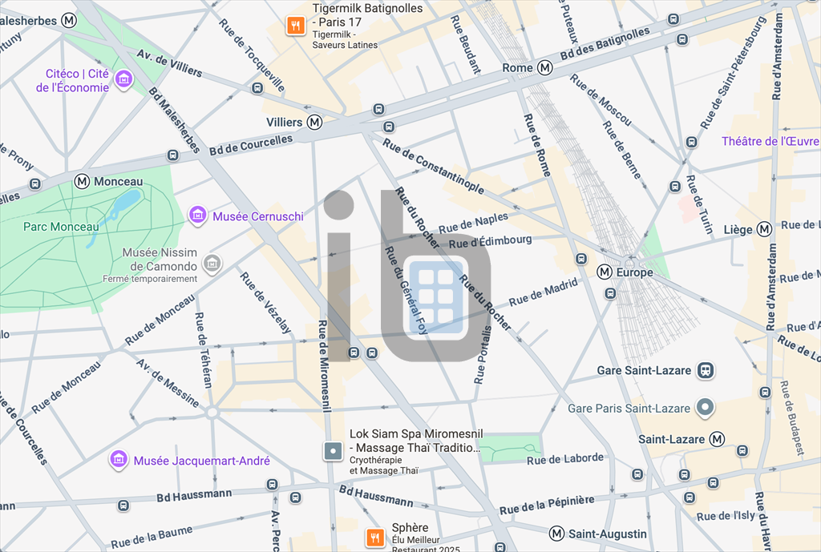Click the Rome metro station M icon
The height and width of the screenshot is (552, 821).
coord(545,68)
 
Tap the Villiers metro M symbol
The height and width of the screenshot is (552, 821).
coord(315,123)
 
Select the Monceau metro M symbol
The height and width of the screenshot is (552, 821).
coord(82,182)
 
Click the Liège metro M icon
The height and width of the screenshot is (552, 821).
coord(764,230)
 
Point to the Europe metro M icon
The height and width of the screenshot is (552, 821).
coord(605,272)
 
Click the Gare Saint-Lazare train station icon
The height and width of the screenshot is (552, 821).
coord(706,371)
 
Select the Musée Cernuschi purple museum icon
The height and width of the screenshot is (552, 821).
coord(197,216)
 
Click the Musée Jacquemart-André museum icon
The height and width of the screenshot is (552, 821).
coord(119,460)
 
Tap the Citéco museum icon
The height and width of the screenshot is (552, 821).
coord(123,79)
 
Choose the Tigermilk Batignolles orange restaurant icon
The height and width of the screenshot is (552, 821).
coord(296,26)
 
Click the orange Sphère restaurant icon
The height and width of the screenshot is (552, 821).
coord(374,537)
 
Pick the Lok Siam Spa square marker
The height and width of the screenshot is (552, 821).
coord(333,451)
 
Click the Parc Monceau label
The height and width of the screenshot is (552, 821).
coord(61,227)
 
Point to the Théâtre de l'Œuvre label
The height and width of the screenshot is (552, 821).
coord(770,142)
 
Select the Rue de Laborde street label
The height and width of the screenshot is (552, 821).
coord(565,459)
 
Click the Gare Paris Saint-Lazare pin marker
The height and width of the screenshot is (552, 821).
coord(706,408)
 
